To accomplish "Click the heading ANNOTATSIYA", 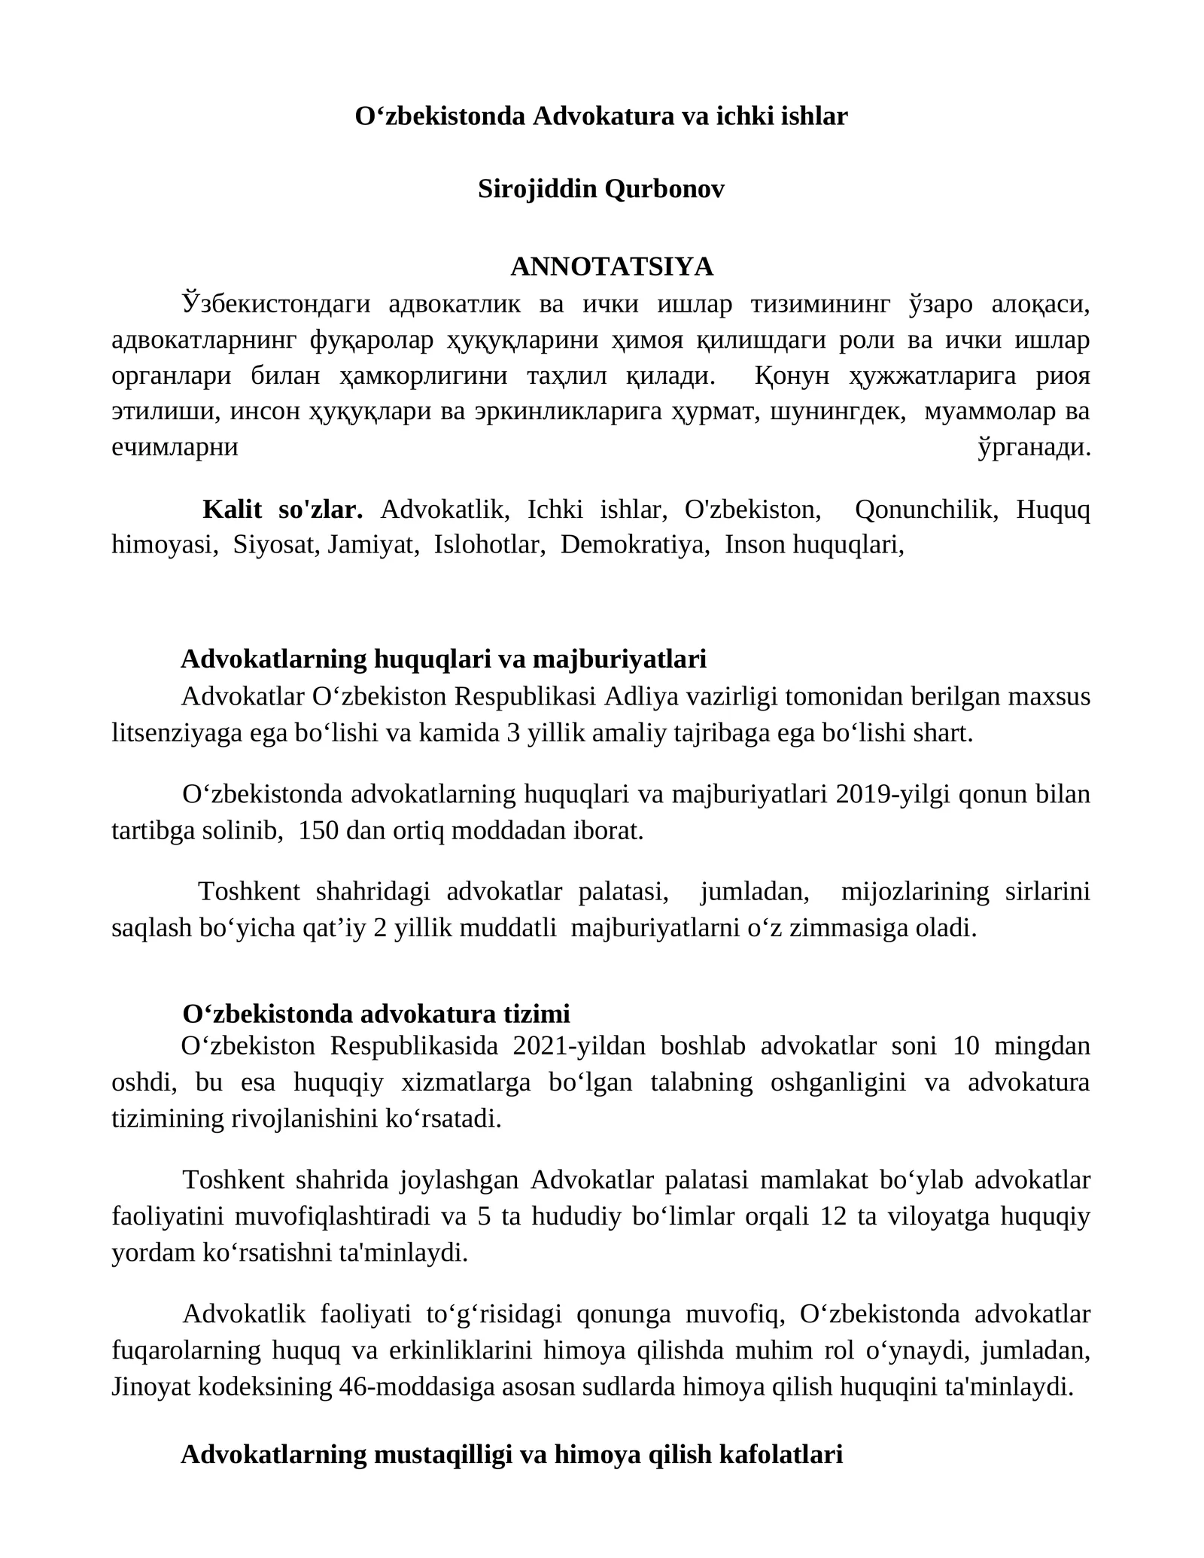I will coord(611,266).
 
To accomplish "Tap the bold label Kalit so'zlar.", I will coord(283,510).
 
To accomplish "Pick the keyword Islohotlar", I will coord(489,544).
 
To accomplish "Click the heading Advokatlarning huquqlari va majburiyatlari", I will coord(443,659).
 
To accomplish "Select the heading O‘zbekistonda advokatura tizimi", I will coord(376,1013).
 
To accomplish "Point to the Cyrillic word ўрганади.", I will coord(1034,448).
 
